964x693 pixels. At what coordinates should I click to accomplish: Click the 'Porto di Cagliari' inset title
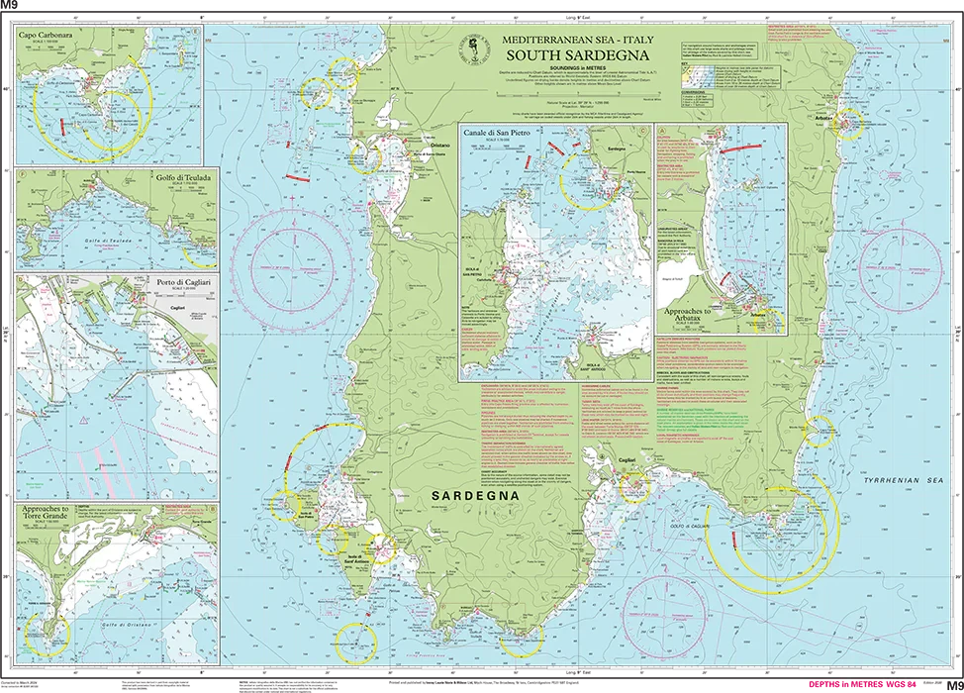click(184, 281)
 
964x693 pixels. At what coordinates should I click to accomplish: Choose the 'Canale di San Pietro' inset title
click(514, 133)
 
